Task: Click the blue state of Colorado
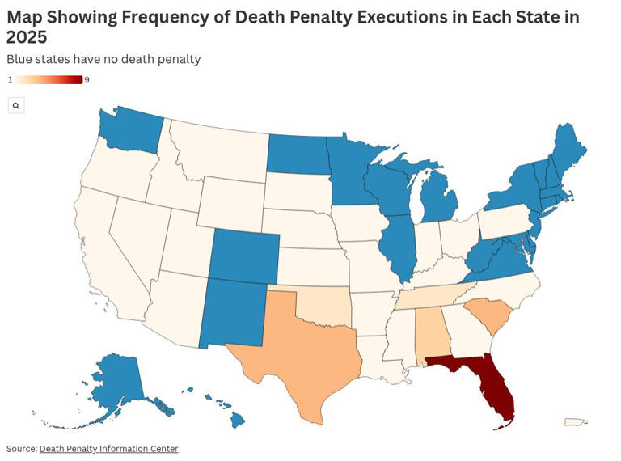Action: [x=245, y=254]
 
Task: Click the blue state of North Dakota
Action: [x=298, y=154]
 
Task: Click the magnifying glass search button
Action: [x=16, y=105]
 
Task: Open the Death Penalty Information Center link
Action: [x=108, y=449]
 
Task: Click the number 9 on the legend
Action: [x=87, y=80]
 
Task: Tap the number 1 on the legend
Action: [x=10, y=80]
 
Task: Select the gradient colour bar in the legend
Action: [x=49, y=80]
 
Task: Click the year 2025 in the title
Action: [x=27, y=37]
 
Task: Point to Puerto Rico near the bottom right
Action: [x=573, y=421]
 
